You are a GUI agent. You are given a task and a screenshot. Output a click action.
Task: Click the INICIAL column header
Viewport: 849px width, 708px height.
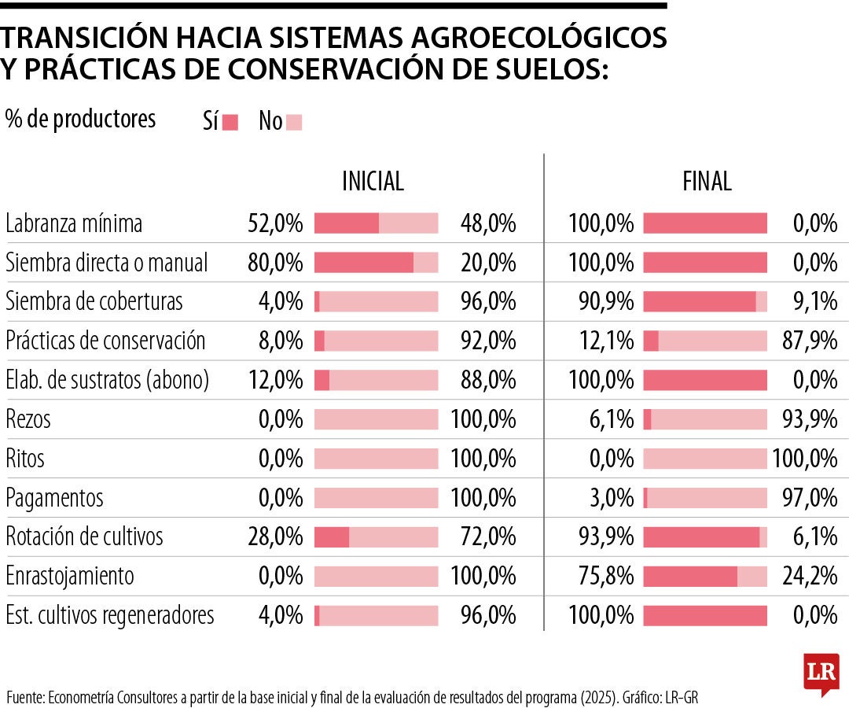373,182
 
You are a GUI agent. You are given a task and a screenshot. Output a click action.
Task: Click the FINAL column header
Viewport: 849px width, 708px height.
707,182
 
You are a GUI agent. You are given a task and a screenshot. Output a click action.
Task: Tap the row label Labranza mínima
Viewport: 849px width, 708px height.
74,223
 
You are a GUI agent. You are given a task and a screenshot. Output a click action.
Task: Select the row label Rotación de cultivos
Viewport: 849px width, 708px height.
84,537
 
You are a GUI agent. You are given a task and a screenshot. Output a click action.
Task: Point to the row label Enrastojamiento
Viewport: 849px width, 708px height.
70,576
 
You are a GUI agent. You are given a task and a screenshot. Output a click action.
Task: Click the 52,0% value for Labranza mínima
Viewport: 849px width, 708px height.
275,223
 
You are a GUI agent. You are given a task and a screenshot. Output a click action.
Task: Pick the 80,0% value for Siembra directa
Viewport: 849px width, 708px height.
275,263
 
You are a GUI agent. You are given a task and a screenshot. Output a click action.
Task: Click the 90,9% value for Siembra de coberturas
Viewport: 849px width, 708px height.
601,302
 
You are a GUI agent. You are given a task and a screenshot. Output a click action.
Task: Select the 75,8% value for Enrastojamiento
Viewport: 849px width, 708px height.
601,576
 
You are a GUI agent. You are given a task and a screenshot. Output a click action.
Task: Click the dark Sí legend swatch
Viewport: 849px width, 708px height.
230,122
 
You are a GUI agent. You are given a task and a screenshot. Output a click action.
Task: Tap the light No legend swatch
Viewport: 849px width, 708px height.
294,122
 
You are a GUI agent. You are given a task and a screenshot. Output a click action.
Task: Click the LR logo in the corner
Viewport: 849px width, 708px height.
821,673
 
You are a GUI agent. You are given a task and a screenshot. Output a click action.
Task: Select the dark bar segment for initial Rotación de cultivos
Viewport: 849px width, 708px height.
332,537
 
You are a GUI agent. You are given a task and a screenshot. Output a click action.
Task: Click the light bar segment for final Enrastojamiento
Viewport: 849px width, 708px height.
752,577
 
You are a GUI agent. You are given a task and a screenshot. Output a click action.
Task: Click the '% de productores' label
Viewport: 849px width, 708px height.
80,120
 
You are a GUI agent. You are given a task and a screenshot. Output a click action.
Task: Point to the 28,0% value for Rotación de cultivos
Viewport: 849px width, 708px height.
275,537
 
